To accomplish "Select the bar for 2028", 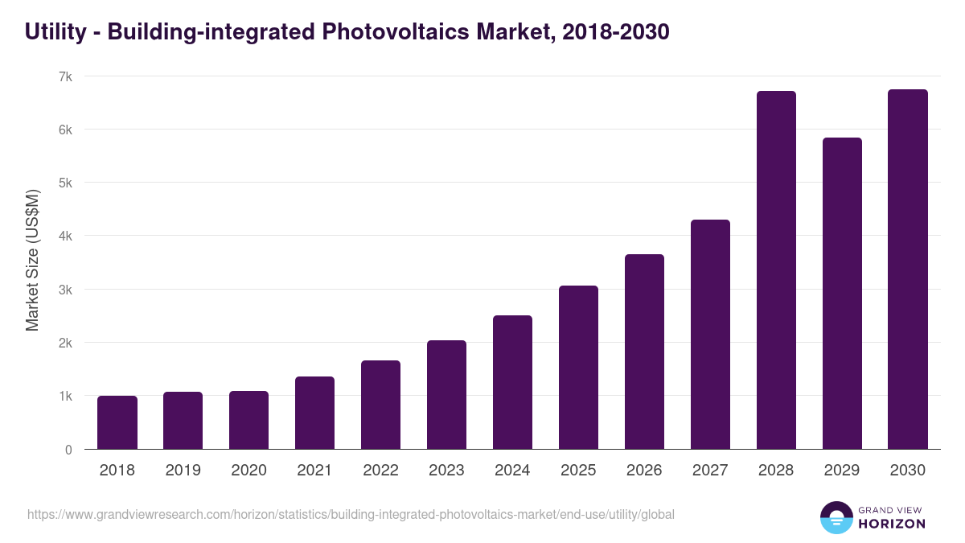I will [776, 270].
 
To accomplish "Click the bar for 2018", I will [117, 422].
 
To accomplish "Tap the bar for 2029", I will [842, 294].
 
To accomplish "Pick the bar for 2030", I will [908, 269].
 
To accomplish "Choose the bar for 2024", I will [512, 382].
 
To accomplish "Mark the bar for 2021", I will [314, 413].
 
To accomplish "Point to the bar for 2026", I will [644, 352].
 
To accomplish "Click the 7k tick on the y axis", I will [65, 76].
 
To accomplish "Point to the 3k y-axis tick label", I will [65, 290].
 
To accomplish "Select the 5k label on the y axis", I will [65, 183].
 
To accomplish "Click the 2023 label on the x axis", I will [446, 471].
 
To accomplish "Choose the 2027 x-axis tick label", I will [710, 471].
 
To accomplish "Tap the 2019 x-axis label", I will [183, 471].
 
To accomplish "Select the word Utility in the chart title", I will [54, 32].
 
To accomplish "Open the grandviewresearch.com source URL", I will [351, 515].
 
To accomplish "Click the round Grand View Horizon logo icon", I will [836, 517].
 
